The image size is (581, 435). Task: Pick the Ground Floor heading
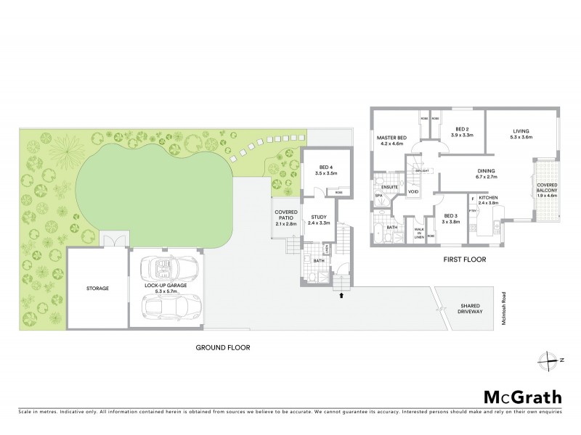point(222,347)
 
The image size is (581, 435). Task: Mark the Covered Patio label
point(285,217)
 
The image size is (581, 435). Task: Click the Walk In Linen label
point(418,233)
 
